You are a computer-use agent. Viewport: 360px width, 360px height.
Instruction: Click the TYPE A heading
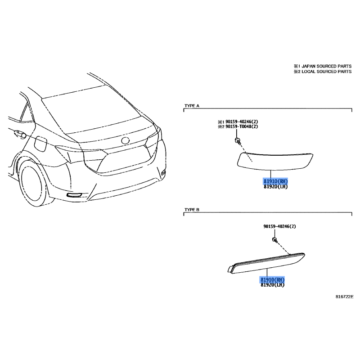(x=192, y=106)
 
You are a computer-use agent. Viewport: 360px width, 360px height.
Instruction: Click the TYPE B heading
(x=192, y=210)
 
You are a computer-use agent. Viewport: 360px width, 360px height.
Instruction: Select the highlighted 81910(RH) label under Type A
(x=275, y=182)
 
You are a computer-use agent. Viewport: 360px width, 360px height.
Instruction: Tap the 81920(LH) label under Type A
(x=275, y=187)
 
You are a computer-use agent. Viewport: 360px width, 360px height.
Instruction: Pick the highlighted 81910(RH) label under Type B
(x=272, y=279)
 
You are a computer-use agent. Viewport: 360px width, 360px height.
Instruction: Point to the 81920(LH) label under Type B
(x=273, y=285)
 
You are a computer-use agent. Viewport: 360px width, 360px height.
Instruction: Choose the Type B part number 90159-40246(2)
(x=279, y=226)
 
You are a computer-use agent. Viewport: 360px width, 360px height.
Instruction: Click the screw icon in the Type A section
(x=238, y=141)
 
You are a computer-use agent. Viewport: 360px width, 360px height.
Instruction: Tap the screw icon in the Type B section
(x=275, y=240)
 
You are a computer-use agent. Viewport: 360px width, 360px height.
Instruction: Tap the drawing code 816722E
(x=344, y=297)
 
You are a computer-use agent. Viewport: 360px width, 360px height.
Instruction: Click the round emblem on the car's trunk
(x=126, y=140)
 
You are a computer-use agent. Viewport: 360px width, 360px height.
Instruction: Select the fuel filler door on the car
(x=41, y=144)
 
